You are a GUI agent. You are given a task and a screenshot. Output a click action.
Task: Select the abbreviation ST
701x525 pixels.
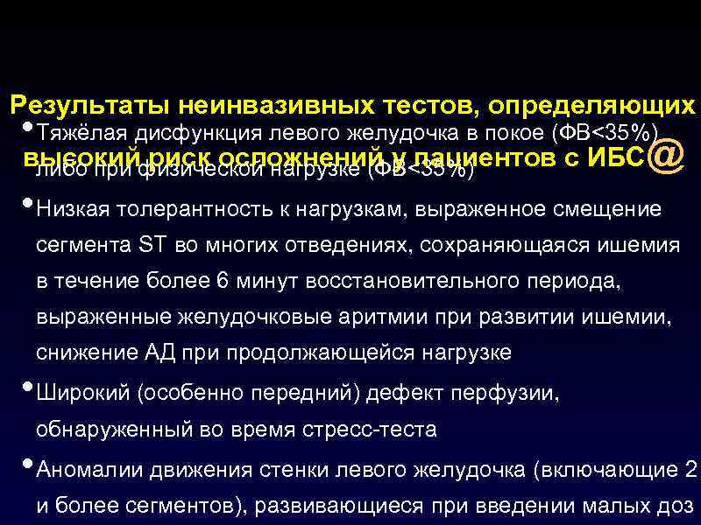coord(154,247)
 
